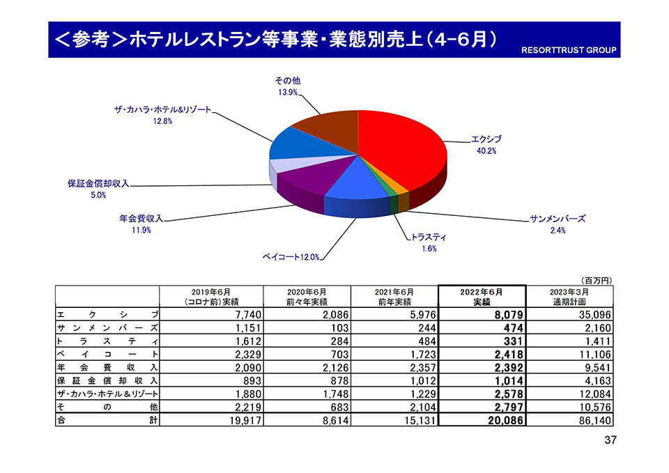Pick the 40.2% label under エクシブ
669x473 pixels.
pos(486,152)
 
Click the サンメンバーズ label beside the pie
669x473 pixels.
pos(557,219)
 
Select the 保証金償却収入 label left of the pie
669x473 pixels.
pos(98,184)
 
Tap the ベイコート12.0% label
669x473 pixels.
pos(291,258)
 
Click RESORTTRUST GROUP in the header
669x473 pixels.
pos(569,51)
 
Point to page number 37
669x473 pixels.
pos(611,440)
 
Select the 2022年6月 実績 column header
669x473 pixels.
pos(482,297)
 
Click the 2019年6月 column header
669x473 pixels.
pos(212,297)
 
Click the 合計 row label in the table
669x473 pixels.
pos(107,420)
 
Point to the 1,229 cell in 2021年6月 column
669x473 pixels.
pos(417,394)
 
